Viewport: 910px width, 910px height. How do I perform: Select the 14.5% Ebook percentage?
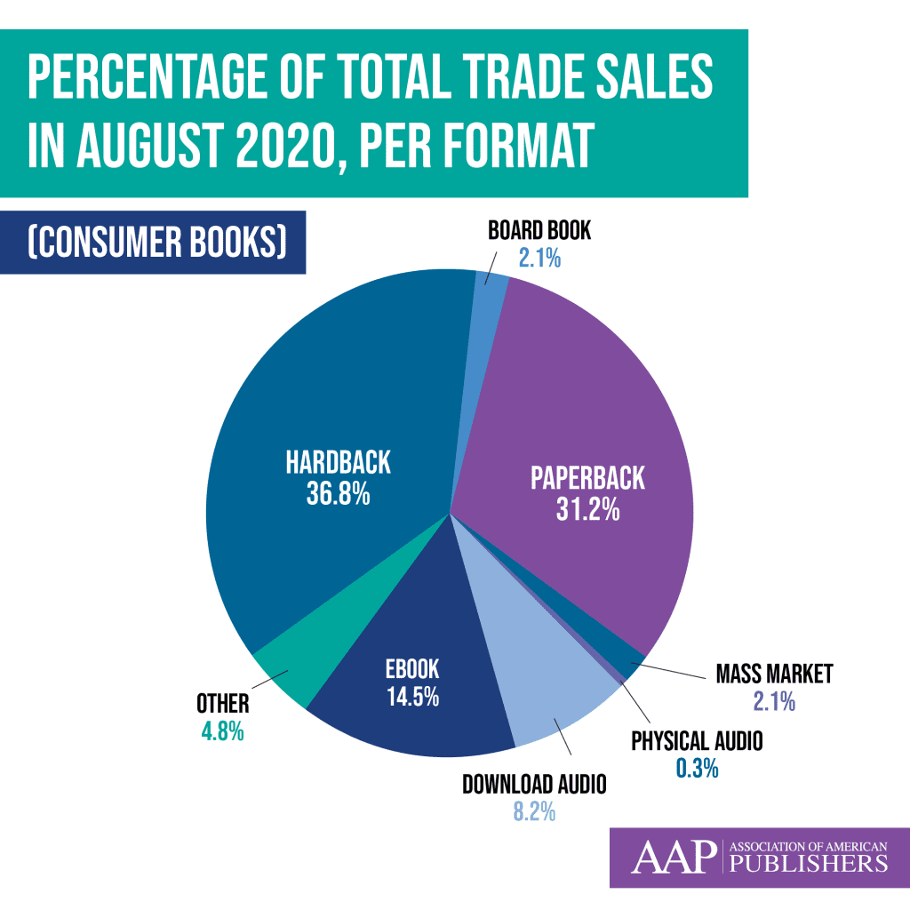click(411, 697)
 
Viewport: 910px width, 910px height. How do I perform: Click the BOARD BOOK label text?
click(539, 232)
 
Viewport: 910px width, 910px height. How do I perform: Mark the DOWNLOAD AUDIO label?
click(534, 784)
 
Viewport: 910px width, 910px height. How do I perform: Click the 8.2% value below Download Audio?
click(533, 811)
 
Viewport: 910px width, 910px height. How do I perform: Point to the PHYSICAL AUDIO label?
click(696, 740)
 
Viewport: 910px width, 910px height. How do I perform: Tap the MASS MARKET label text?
click(774, 674)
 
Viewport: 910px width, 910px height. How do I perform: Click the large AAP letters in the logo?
click(673, 858)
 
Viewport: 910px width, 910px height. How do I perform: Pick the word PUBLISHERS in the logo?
click(807, 865)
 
